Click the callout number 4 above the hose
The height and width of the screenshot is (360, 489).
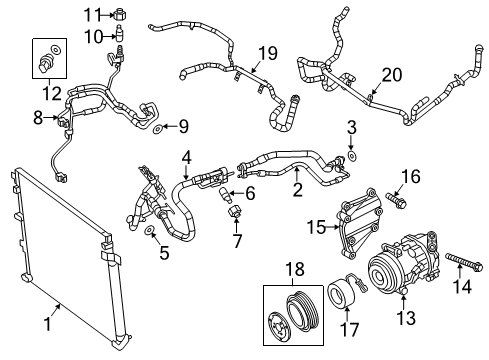coord(186,156)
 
